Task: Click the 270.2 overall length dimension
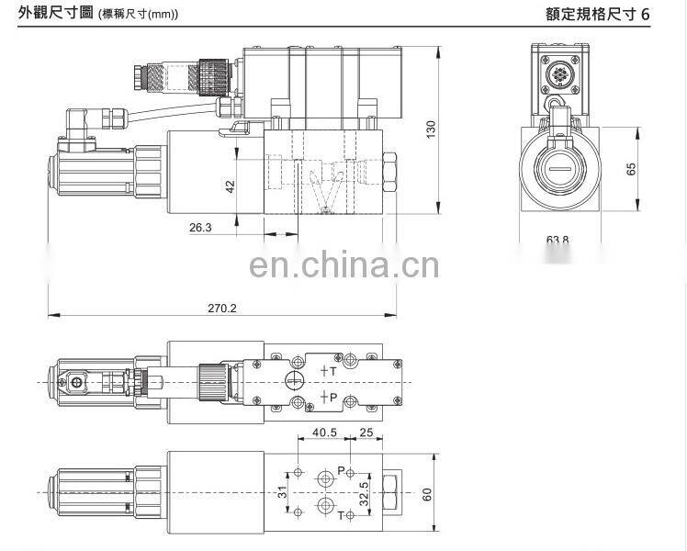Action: coord(221,309)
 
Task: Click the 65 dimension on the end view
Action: coord(631,171)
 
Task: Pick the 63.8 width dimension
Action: coord(557,241)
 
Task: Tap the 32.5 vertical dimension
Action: coord(365,491)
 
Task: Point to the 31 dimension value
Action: coord(284,493)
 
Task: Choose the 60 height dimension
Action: coord(426,494)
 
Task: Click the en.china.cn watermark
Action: coord(343,266)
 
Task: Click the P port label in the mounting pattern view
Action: coord(340,470)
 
